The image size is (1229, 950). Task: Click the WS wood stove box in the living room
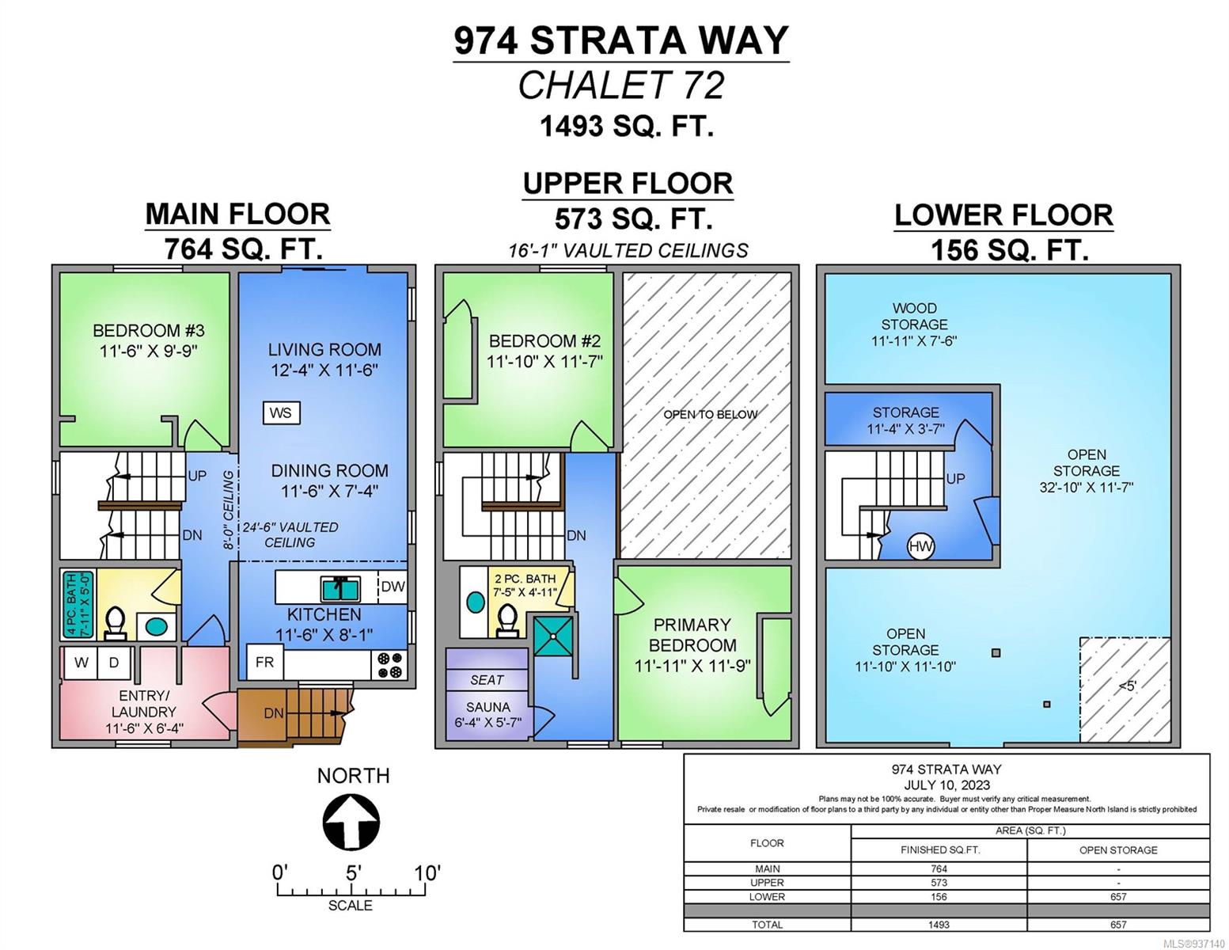pos(281,413)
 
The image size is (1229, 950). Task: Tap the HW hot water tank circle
pos(920,546)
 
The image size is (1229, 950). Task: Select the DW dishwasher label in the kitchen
pos(393,587)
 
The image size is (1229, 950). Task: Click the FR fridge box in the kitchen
pos(264,663)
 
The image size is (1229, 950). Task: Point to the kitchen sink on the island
pos(340,588)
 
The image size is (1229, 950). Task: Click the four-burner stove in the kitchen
pos(389,665)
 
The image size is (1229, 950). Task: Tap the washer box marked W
pos(81,663)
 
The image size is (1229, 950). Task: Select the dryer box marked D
pos(114,663)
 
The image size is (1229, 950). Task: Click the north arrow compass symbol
pos(351,821)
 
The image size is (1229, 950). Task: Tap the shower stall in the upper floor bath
pos(553,636)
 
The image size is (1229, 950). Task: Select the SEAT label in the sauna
pos(487,679)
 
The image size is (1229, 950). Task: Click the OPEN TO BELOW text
pos(711,414)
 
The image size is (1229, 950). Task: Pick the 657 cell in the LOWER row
pos(1118,897)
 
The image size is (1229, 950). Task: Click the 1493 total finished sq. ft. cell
pos(939,925)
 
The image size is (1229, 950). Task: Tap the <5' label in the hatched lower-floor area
pos(1127,686)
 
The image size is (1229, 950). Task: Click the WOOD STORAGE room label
pos(914,317)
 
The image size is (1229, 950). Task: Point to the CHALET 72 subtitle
pos(621,85)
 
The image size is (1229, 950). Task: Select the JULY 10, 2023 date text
pos(946,785)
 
